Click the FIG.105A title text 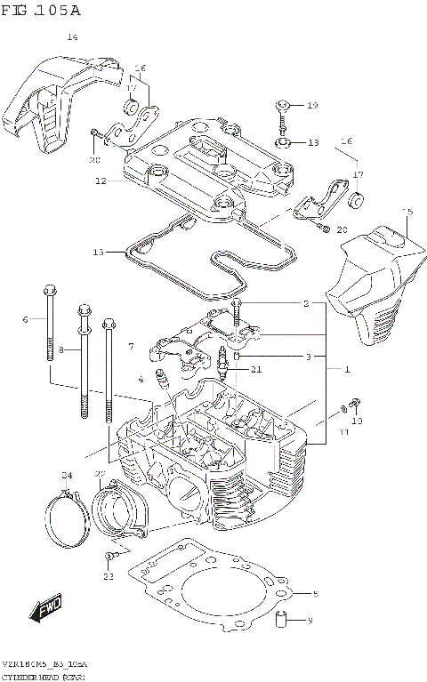[42, 11]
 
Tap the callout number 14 [72, 37]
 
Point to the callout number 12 [101, 181]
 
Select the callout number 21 [256, 370]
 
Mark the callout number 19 [311, 106]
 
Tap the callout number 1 [346, 369]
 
